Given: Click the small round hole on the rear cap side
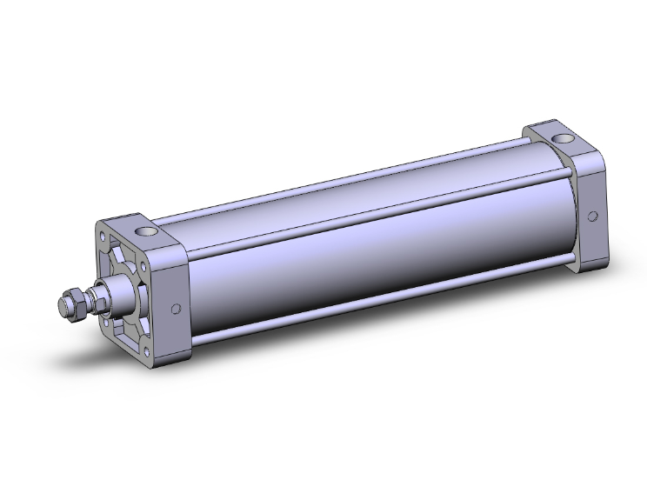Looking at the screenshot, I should pos(593,216).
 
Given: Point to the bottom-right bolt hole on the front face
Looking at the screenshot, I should pos(148,350).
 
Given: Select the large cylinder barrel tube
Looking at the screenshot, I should pos(365,252).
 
